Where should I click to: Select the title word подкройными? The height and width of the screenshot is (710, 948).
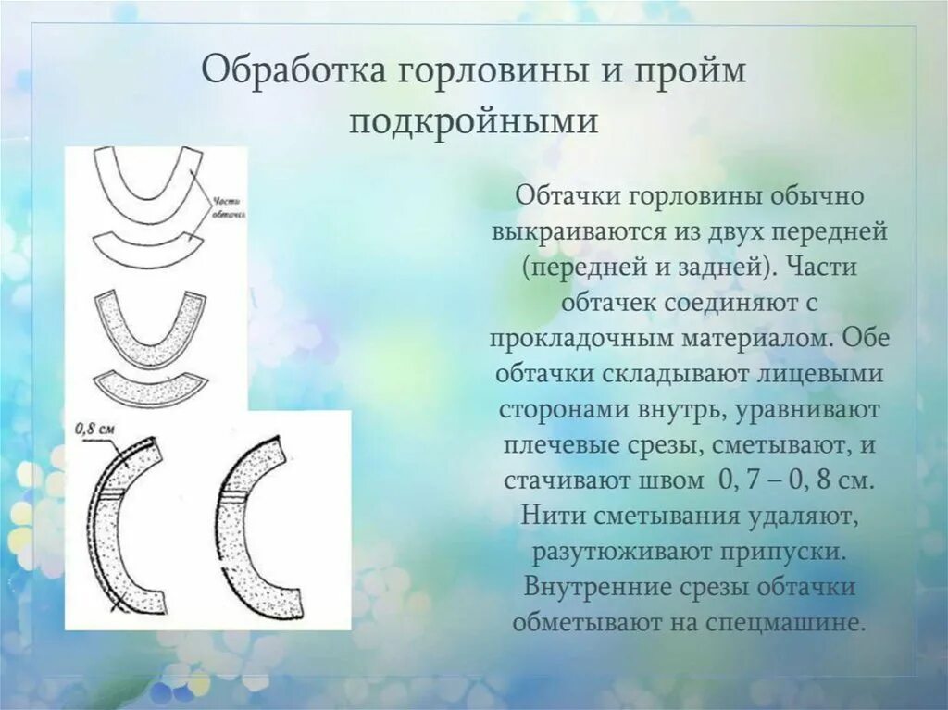(473, 121)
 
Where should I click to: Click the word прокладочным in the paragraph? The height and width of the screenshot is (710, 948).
(574, 337)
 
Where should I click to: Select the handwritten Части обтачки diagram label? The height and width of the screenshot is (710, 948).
(228, 207)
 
